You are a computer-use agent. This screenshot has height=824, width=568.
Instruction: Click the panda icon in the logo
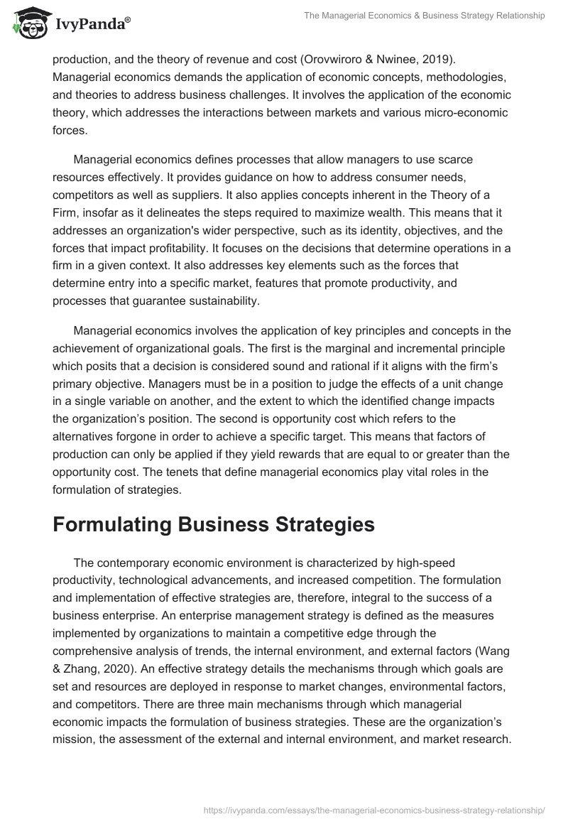tap(28, 23)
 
